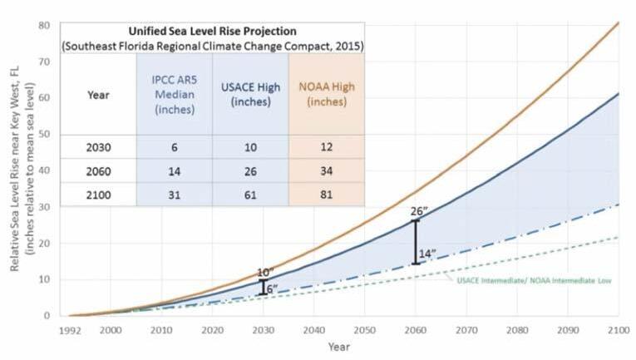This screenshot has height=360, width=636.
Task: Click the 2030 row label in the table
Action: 98,147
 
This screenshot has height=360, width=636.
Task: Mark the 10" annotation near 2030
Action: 264,272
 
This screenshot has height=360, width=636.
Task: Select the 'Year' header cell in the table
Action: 98,95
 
